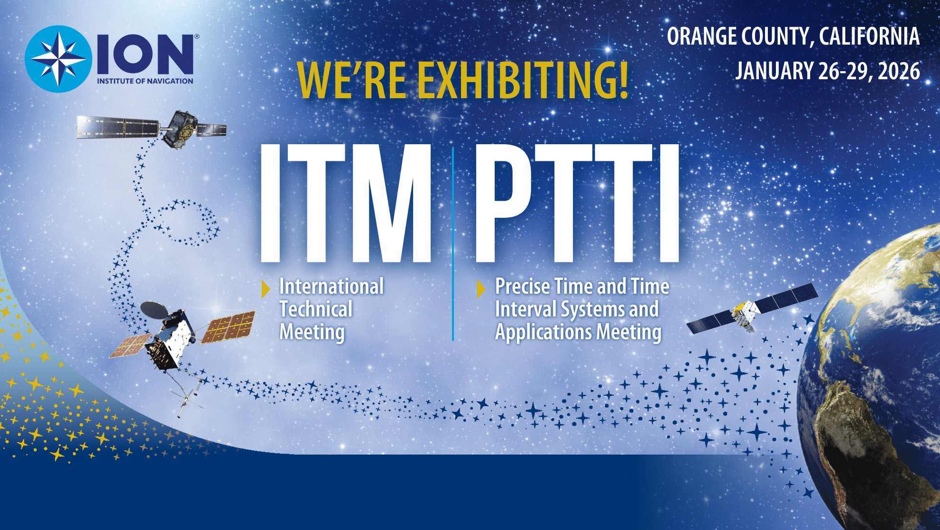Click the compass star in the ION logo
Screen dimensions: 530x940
58,59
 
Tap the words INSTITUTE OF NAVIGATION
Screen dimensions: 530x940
145,81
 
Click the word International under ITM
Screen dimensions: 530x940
331,287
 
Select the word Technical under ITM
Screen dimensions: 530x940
316,309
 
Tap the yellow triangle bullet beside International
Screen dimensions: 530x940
266,289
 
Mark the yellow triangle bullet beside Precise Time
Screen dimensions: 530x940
480,289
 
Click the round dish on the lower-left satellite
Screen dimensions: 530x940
154,309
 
